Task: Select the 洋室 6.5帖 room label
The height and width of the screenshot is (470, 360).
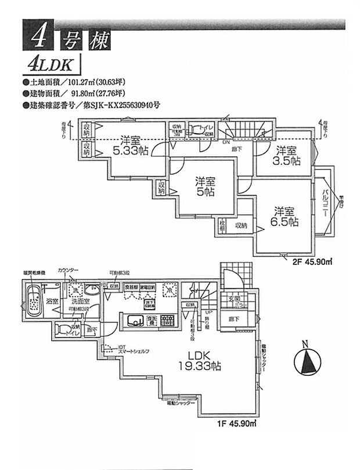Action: (x=286, y=216)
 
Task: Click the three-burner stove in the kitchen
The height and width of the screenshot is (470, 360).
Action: (x=167, y=321)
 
